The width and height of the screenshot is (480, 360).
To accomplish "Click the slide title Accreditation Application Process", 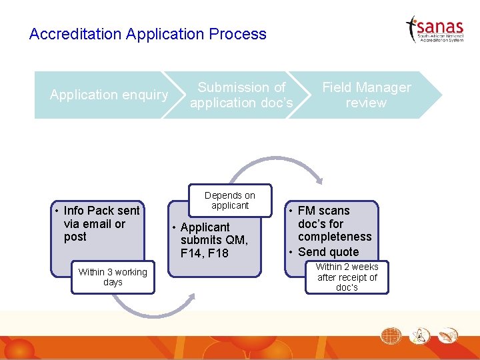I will (147, 34).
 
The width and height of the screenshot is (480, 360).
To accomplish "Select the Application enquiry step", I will (109, 95).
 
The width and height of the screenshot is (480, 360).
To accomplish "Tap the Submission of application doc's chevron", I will (241, 95).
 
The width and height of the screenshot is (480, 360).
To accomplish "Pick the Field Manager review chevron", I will (366, 95).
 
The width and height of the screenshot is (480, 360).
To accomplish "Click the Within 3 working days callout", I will (113, 277).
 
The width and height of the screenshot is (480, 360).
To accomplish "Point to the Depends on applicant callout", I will (230, 200).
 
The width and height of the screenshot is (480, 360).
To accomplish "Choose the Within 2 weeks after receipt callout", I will (347, 277).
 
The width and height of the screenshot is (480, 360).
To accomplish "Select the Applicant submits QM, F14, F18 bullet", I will (213, 240).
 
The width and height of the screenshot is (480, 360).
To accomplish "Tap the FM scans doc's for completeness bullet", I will (334, 223).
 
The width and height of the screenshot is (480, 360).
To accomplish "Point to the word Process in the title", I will (237, 34).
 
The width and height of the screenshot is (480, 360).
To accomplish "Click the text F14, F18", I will (204, 253).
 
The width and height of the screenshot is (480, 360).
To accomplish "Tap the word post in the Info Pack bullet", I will (75, 237).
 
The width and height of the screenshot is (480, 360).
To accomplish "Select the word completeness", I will (335, 237).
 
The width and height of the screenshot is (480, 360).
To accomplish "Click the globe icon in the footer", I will (392, 335).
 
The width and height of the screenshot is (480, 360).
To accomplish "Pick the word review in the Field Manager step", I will (366, 103).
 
